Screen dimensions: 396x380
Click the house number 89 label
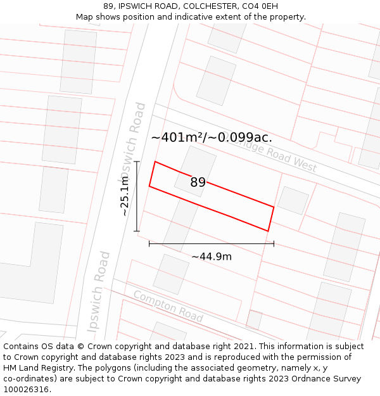point(198,182)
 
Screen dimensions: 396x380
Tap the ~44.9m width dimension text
point(212,257)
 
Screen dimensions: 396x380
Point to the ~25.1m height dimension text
point(125,196)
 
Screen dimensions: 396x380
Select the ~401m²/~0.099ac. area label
point(212,137)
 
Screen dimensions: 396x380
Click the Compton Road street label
point(168,306)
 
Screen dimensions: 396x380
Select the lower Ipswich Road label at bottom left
point(99,291)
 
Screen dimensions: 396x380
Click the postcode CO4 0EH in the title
point(261,6)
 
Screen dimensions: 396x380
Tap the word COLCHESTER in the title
point(208,6)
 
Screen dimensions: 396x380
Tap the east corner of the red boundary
point(274,207)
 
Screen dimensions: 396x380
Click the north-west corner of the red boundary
point(155,162)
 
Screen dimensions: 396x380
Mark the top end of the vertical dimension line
point(137,162)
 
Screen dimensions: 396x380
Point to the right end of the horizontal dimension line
point(274,243)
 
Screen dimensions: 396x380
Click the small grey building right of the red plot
point(293,200)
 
